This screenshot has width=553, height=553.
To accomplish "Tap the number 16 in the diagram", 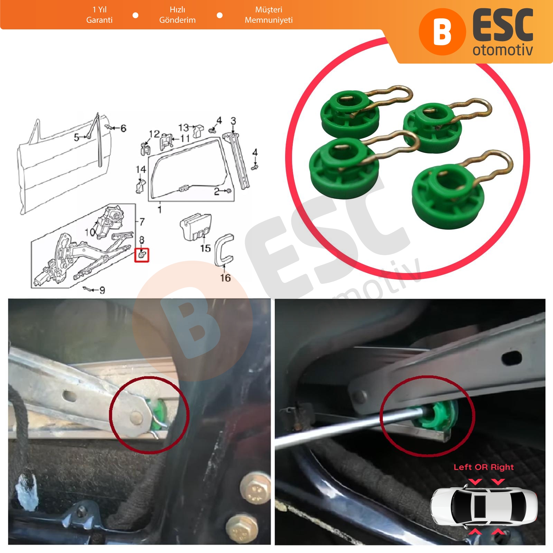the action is (x=225, y=278).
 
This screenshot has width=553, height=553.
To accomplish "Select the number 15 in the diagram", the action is (x=205, y=248).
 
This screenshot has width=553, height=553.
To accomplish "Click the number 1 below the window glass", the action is (x=160, y=209).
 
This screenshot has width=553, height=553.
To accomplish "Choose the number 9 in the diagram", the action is (x=102, y=290).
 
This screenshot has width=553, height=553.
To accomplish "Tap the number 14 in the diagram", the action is (x=141, y=169).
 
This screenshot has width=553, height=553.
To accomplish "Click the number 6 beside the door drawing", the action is (x=123, y=128).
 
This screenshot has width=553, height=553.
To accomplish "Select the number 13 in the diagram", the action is (x=184, y=128).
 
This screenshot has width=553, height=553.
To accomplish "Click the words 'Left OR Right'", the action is (x=484, y=467).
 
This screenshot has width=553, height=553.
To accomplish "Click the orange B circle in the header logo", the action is (x=442, y=32).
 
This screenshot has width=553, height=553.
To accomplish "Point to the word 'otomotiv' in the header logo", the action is (x=503, y=50).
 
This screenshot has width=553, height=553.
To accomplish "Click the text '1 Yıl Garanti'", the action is (x=100, y=15).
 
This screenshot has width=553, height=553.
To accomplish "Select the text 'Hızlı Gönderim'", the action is (x=177, y=15).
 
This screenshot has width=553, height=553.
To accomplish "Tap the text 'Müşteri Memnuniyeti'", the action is (x=269, y=15).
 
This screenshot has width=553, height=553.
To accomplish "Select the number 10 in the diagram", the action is (x=90, y=232).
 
